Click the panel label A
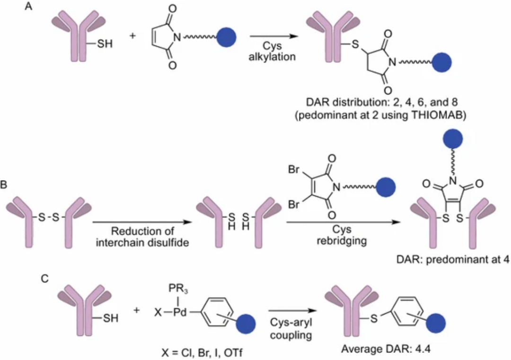click(x=28, y=6)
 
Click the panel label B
click(x=4, y=185)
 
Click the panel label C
click(x=44, y=279)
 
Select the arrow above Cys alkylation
click(x=274, y=36)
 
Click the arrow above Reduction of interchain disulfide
click(x=142, y=222)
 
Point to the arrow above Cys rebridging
click(x=343, y=222)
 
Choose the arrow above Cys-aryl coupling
click(x=292, y=311)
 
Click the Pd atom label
click(x=180, y=312)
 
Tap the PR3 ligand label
click(x=178, y=289)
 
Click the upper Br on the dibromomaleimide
click(x=294, y=170)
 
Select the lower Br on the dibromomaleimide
click(x=294, y=204)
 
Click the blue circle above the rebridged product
click(x=453, y=139)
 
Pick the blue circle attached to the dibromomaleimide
click(x=386, y=187)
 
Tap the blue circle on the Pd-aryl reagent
click(x=246, y=324)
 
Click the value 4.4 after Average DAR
click(x=423, y=349)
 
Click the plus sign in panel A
click(x=132, y=35)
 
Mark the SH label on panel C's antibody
click(x=110, y=318)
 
